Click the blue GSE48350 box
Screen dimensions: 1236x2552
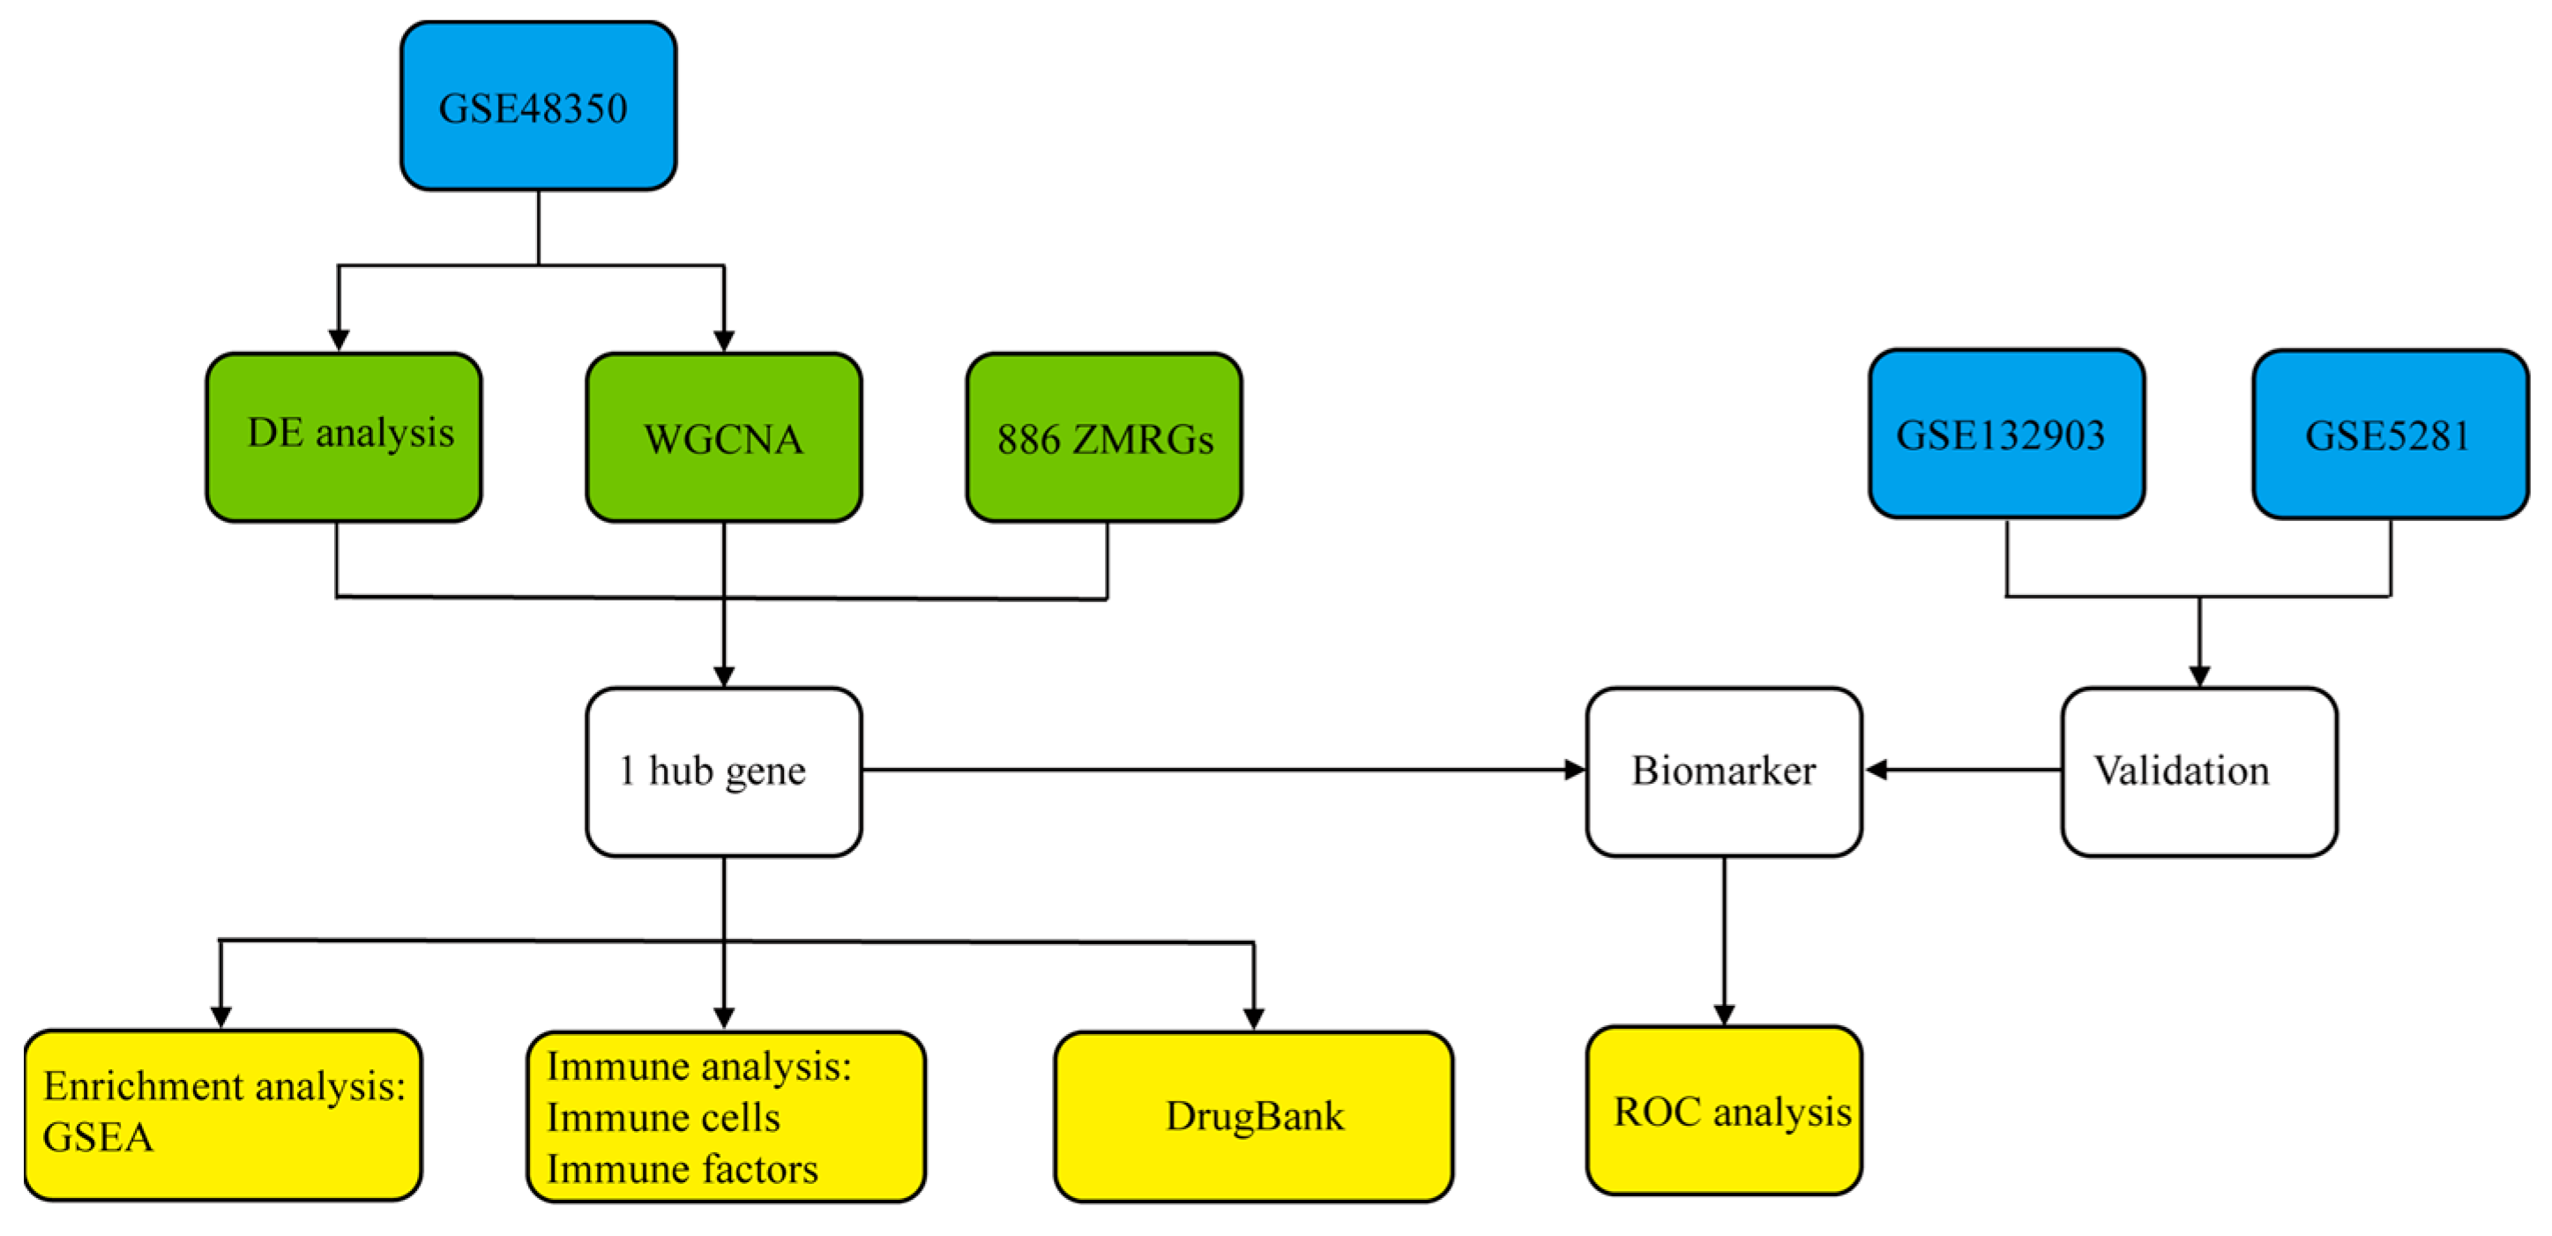pyautogui.click(x=538, y=106)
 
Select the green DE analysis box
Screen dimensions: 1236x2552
pyautogui.click(x=344, y=436)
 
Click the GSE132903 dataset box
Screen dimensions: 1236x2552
pyautogui.click(x=2006, y=434)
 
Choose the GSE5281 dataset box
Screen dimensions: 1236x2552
pyautogui.click(x=2390, y=434)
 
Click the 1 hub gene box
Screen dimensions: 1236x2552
pyautogui.click(x=723, y=771)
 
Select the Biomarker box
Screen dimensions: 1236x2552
pyautogui.click(x=1724, y=771)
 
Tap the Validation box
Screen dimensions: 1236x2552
pyautogui.click(x=2199, y=771)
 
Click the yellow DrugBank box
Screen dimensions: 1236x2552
pyautogui.click(x=1253, y=1116)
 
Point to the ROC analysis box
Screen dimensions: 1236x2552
pyautogui.click(x=1724, y=1111)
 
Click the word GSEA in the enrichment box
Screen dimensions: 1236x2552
pyautogui.click(x=98, y=1138)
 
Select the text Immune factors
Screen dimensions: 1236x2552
pyautogui.click(x=682, y=1170)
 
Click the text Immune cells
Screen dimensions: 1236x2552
pyautogui.click(x=663, y=1118)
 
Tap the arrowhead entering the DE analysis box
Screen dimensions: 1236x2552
pyautogui.click(x=339, y=339)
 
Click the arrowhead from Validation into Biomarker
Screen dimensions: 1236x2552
pyautogui.click(x=1876, y=770)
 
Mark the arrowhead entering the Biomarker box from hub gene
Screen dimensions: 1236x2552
pyautogui.click(x=1574, y=770)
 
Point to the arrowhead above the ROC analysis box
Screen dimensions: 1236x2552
pyautogui.click(x=1724, y=1015)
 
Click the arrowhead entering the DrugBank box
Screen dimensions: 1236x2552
pyautogui.click(x=1253, y=1018)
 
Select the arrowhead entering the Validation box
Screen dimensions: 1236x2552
pyautogui.click(x=2199, y=676)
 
